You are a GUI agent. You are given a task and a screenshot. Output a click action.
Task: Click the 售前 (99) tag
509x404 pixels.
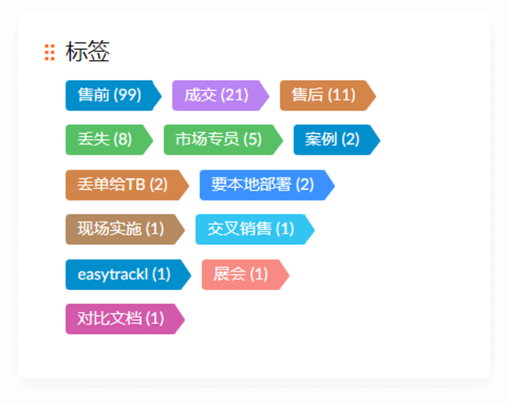point(109,95)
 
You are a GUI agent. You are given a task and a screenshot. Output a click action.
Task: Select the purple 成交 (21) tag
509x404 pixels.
point(216,95)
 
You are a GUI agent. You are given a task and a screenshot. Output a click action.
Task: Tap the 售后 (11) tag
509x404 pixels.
point(323,95)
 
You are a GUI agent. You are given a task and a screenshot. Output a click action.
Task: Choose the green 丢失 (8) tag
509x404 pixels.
point(105,139)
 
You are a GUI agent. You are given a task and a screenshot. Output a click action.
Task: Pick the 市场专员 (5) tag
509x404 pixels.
point(219,139)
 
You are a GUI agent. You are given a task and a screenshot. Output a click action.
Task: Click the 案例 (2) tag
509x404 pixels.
point(332,139)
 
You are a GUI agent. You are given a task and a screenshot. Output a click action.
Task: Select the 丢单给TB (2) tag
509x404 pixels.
point(122,185)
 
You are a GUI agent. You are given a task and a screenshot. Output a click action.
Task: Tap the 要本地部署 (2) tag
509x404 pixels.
point(263,185)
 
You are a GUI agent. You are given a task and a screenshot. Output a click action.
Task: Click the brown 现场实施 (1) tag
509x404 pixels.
point(121,229)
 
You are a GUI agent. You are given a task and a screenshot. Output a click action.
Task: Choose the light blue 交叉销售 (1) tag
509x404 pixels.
point(250,229)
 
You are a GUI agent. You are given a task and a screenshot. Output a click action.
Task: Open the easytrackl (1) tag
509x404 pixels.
point(124,274)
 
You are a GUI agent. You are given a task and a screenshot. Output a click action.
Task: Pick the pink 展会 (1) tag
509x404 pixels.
point(240,274)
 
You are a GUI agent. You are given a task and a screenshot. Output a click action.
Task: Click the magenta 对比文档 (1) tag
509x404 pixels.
point(121,318)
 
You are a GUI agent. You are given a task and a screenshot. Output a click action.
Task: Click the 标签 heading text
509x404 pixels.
point(88,52)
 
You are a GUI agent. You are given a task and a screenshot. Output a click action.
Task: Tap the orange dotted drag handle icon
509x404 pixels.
point(50,52)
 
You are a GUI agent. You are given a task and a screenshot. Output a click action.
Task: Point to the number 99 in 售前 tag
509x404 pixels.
point(127,95)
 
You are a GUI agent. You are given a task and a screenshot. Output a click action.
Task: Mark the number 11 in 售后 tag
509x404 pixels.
point(341,95)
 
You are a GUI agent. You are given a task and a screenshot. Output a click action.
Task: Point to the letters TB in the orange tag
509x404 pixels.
point(135,185)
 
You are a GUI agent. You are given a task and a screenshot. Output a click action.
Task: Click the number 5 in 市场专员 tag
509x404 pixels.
point(253,139)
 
